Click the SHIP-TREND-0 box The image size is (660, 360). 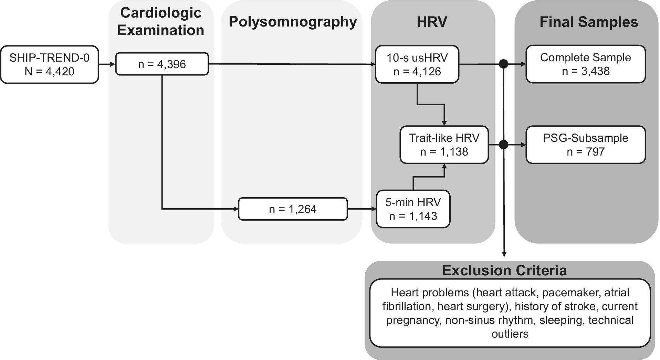click(50, 64)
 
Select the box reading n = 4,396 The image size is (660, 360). click(162, 64)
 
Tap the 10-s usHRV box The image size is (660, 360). click(417, 64)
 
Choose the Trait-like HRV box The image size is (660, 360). click(444, 145)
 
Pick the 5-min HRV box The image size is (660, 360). click(413, 209)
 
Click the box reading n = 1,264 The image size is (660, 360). click(293, 209)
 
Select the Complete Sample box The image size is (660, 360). click(586, 64)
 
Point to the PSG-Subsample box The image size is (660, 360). click(586, 145)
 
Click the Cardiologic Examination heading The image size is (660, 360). click(161, 21)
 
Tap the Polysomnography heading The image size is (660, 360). click(293, 22)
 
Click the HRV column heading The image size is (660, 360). click(432, 22)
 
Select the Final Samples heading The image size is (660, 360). click(589, 22)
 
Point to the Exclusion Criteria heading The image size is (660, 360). click(504, 271)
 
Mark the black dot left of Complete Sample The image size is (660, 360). click(504, 64)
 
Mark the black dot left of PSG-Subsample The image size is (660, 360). click(504, 145)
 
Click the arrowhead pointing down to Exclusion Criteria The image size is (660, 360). click(504, 254)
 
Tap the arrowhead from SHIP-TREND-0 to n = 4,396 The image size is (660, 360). click(113, 64)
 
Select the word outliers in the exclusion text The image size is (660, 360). click(510, 334)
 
